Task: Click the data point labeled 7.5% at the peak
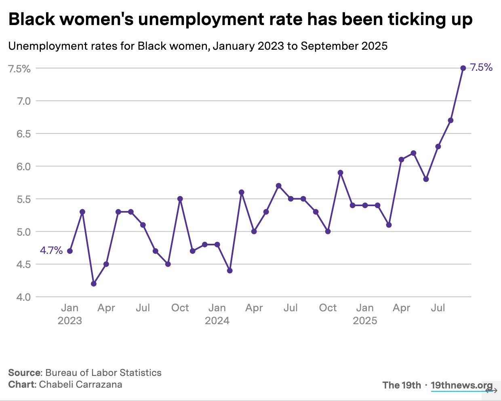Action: tap(463, 68)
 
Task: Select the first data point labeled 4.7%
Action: tap(70, 251)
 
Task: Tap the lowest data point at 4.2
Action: tap(94, 284)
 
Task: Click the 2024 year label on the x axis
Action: tap(217, 321)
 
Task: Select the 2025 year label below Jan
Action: tap(365, 321)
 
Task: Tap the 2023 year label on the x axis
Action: tap(69, 321)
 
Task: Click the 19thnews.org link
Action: tap(461, 385)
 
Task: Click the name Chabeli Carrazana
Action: tap(80, 384)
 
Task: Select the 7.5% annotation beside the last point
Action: tap(481, 68)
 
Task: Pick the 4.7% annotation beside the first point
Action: tap(51, 251)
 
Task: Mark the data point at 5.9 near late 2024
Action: tap(340, 173)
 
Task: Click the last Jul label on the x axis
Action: tap(438, 308)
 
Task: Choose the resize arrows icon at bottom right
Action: tap(491, 390)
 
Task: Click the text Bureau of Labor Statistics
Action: tap(103, 373)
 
